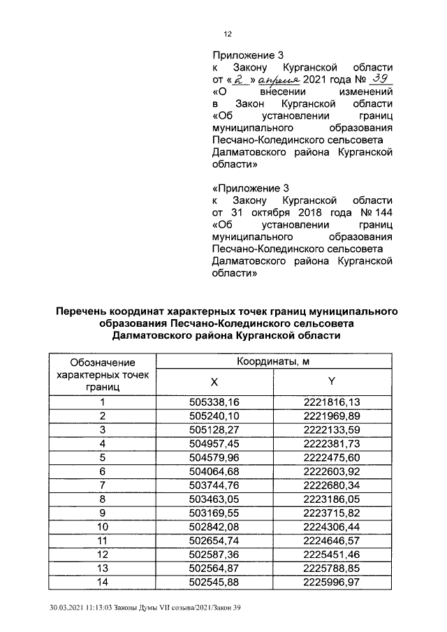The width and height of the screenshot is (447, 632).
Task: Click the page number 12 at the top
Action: [x=227, y=34]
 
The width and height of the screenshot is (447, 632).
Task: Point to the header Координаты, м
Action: [x=273, y=360]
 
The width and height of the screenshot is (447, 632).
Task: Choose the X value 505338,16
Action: [x=214, y=402]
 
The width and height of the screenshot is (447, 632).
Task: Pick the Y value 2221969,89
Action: [x=332, y=416]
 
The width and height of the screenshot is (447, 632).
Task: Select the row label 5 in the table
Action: [x=102, y=457]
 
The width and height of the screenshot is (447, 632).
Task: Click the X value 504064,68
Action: [x=214, y=471]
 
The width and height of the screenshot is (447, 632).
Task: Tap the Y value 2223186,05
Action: [x=332, y=499]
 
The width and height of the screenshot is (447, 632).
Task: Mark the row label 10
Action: [x=102, y=526]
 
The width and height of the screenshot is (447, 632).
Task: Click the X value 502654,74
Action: [x=214, y=540]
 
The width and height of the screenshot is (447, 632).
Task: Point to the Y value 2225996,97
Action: [x=332, y=581]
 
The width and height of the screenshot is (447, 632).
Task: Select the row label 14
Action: [x=102, y=581]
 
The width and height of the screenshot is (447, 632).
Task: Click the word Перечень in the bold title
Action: [x=85, y=311]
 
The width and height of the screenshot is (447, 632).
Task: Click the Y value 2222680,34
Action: [x=332, y=485]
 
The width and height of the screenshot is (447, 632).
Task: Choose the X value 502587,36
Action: [x=214, y=554]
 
